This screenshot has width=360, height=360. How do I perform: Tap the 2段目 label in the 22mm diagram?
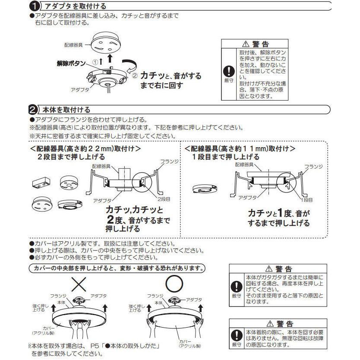pyautogui.click(x=164, y=200)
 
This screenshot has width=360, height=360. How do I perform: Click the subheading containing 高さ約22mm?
pyautogui.click(x=85, y=148)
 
